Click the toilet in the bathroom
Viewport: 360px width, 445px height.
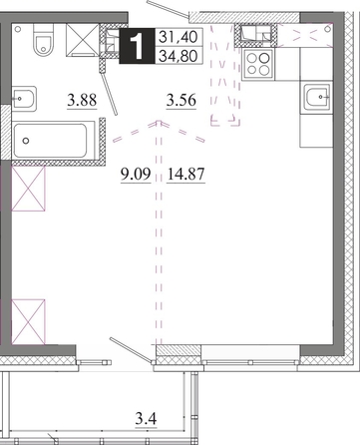point(43,39)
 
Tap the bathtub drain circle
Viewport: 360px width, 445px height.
point(26,141)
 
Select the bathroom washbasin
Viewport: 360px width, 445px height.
point(24,99)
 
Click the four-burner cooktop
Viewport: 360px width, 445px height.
point(258,64)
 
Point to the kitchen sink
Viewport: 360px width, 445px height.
point(317,97)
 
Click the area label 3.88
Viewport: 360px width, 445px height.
point(82,100)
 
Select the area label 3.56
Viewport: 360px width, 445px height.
point(181,100)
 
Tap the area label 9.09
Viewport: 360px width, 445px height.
point(136,174)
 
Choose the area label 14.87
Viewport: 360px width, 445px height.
point(185,174)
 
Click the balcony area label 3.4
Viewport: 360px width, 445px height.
point(146,418)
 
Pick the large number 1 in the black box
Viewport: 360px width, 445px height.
point(137,46)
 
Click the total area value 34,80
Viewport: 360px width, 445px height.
point(179,55)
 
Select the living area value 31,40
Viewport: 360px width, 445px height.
point(179,37)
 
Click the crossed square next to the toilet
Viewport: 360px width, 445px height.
point(83,40)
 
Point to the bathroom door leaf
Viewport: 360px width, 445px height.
point(109,93)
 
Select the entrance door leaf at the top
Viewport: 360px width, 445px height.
point(168,8)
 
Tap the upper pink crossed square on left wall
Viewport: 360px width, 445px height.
point(28,189)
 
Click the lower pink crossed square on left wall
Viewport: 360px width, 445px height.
point(28,321)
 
